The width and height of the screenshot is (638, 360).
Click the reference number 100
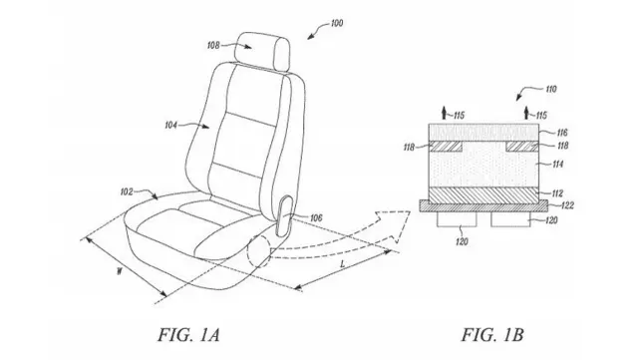(x=337, y=23)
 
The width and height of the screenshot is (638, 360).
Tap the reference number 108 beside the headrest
(x=213, y=45)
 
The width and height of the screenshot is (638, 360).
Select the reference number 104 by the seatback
(x=170, y=126)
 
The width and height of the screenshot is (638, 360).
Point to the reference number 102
(x=127, y=191)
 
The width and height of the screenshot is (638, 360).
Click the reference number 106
(x=316, y=218)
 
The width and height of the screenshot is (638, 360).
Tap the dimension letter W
(x=120, y=271)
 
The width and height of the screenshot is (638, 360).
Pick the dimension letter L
(x=343, y=264)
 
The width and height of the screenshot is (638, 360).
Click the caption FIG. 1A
(x=188, y=335)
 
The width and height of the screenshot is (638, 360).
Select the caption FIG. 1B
(x=492, y=335)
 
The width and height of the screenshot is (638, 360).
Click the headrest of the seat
(x=261, y=51)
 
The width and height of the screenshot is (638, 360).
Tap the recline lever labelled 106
(x=283, y=215)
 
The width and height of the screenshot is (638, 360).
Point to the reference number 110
(x=550, y=89)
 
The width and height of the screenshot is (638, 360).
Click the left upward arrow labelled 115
(x=445, y=113)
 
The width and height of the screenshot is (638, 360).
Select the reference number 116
(x=562, y=133)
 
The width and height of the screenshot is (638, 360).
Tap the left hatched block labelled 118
(x=446, y=147)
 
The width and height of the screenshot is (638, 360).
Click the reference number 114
(x=558, y=164)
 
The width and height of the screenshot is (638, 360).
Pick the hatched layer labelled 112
(x=484, y=194)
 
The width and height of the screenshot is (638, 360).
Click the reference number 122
(x=567, y=205)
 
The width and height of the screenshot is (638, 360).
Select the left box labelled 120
(x=457, y=219)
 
